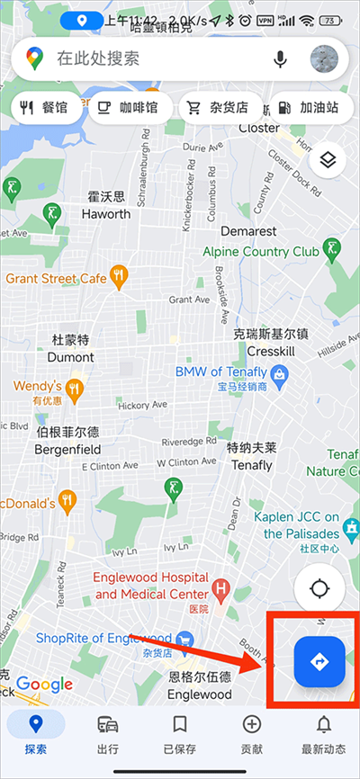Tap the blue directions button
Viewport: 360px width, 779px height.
(x=319, y=662)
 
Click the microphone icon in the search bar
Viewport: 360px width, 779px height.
(x=281, y=59)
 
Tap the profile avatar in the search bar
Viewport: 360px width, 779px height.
(x=324, y=59)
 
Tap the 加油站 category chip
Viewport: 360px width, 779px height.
(x=309, y=107)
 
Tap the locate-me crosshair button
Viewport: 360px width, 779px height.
(x=319, y=589)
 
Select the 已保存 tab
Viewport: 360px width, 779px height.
(x=180, y=734)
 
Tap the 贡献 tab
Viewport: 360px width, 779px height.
(x=251, y=734)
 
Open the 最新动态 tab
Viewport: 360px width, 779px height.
(x=322, y=734)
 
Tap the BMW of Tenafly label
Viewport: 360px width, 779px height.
(x=221, y=372)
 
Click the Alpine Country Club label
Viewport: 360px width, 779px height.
(x=261, y=252)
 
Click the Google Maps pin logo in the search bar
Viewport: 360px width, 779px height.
(x=34, y=59)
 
